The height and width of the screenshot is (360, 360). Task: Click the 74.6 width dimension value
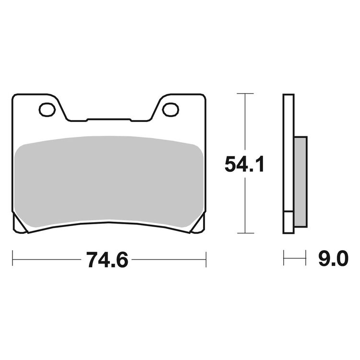107,260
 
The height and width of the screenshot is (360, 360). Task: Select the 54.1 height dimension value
244,164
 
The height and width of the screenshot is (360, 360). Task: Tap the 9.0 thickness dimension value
334,258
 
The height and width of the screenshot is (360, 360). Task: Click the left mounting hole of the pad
47,109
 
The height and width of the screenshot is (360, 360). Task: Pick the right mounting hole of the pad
170,109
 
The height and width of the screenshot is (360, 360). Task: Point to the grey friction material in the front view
108,181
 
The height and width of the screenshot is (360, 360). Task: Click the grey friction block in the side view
300,182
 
